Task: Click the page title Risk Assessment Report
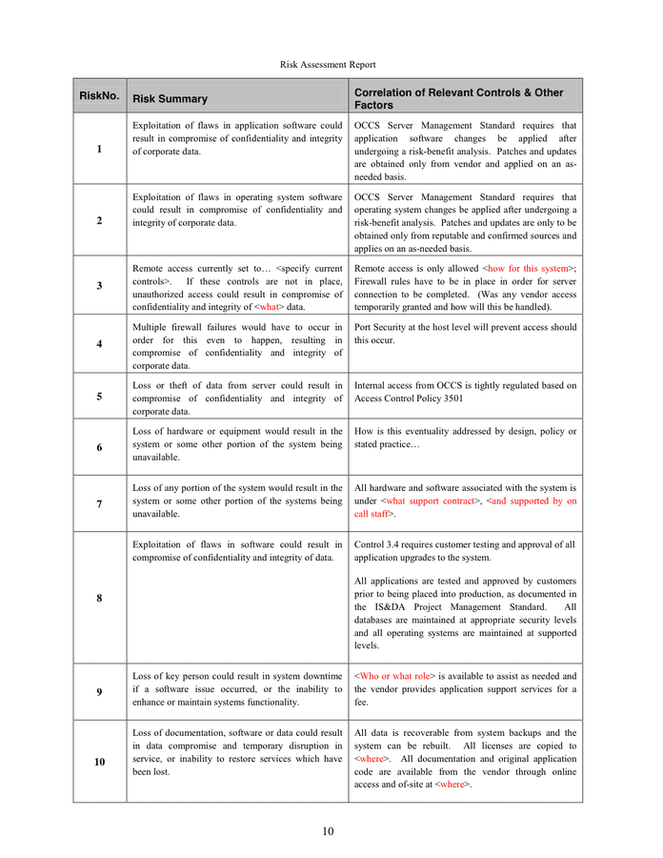328,64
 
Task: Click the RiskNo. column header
99,95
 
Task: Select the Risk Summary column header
170,98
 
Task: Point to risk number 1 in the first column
99,149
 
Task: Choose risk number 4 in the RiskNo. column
99,343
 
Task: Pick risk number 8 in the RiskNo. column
99,598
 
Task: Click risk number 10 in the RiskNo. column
99,762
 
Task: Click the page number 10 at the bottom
328,831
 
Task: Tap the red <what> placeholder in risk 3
270,308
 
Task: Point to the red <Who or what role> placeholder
394,675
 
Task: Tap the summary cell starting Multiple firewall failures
237,346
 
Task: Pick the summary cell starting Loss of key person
237,688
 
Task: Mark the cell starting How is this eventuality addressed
465,437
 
